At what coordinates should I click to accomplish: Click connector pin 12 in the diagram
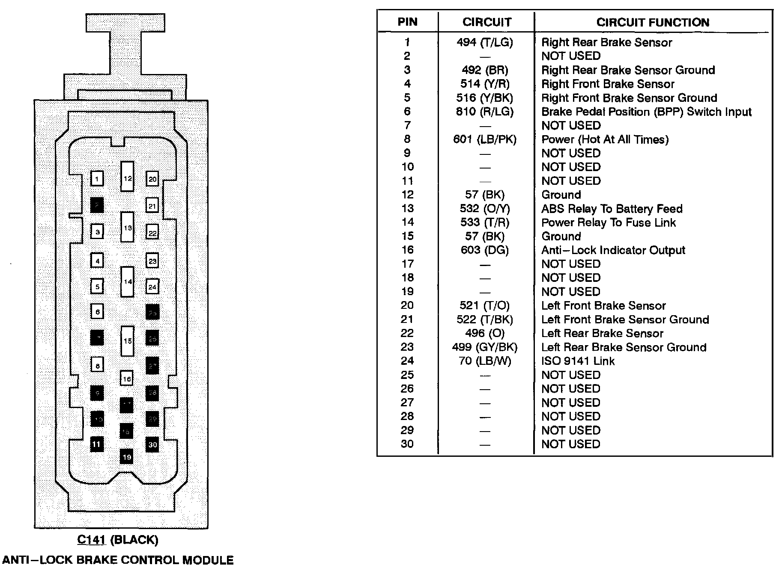127,177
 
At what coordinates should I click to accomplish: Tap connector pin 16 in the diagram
127,379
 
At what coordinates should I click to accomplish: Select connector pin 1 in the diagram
97,178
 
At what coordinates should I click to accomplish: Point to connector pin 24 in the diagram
152,287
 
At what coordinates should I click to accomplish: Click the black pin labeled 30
152,444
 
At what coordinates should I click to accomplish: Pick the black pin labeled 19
126,457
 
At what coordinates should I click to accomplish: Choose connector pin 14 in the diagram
128,281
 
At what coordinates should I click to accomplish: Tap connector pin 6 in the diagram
98,312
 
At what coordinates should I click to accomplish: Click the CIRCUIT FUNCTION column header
653,22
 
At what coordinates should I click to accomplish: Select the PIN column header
407,22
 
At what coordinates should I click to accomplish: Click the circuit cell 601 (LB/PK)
485,139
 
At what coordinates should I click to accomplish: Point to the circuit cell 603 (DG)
485,250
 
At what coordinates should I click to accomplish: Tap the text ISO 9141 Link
578,361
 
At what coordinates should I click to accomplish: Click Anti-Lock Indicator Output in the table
613,250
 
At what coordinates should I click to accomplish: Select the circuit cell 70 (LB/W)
485,361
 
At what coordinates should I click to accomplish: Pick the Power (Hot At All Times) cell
605,139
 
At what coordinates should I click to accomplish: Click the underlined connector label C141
91,540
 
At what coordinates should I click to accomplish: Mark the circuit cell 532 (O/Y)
485,209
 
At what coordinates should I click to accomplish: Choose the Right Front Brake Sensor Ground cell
629,98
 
